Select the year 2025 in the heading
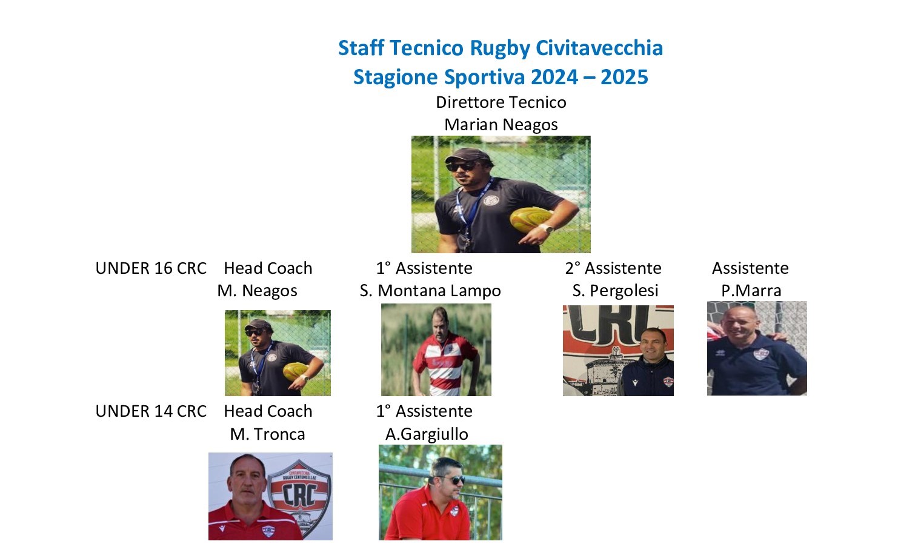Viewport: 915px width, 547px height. pos(624,78)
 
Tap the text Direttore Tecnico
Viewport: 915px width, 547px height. pos(501,102)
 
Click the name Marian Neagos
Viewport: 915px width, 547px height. pos(501,125)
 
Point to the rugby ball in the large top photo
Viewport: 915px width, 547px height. pos(528,219)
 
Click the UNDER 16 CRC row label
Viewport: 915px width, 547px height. pos(151,268)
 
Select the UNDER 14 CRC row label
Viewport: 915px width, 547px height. pos(151,411)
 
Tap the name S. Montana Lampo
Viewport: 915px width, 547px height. pos(430,291)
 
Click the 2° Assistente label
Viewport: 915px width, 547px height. pos(613,268)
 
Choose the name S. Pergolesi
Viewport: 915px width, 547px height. pos(615,291)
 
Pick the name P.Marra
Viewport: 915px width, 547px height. pos(751,291)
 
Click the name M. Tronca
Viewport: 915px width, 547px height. pos(267,434)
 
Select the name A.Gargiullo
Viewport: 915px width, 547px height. pos(427,434)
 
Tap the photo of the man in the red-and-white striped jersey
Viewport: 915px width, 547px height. pos(436,350)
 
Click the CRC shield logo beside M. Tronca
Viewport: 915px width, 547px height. pos(299,494)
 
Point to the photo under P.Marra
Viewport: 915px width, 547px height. pos(757,348)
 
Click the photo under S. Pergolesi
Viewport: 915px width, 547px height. pos(618,351)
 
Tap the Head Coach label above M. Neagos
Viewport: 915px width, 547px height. pos(268,268)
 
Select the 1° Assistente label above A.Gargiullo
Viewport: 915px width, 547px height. pos(424,411)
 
